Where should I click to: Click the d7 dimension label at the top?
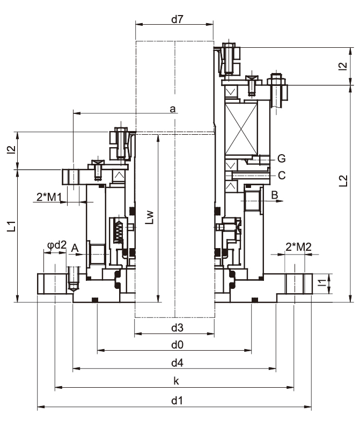(x=177, y=20)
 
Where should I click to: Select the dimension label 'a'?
(x=173, y=108)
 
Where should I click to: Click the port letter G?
(x=281, y=158)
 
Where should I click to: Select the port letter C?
(x=281, y=175)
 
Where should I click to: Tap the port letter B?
(x=274, y=195)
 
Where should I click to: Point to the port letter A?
(x=75, y=247)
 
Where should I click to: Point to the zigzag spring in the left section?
(x=119, y=232)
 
